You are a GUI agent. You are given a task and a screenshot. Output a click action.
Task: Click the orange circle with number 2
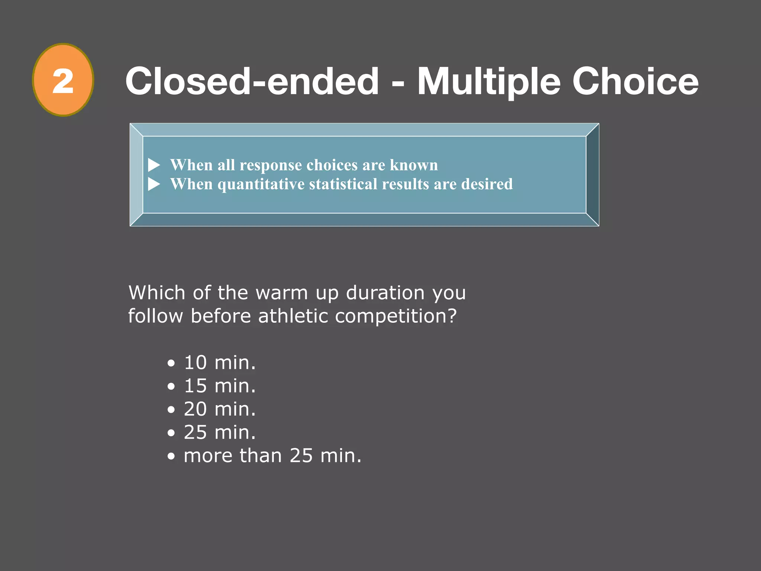click(x=63, y=80)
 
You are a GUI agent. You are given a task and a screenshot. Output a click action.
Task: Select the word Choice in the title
click(x=635, y=81)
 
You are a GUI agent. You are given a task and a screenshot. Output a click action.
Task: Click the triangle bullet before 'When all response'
click(x=154, y=165)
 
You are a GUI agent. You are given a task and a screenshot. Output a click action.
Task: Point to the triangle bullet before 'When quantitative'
click(x=154, y=184)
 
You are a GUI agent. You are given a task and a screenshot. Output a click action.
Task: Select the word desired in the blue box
click(x=487, y=184)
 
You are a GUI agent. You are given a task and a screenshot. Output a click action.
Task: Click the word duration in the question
click(x=385, y=293)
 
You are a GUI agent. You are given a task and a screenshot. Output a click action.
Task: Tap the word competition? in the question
click(x=395, y=317)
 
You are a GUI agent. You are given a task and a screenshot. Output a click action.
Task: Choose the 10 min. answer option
click(x=220, y=362)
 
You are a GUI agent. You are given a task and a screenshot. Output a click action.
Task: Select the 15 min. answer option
click(x=220, y=386)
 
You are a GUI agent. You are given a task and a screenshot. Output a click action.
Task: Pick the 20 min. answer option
click(x=220, y=409)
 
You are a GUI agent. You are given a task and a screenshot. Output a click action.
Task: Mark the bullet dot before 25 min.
click(x=171, y=433)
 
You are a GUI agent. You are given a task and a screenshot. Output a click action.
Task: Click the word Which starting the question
click(x=157, y=293)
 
